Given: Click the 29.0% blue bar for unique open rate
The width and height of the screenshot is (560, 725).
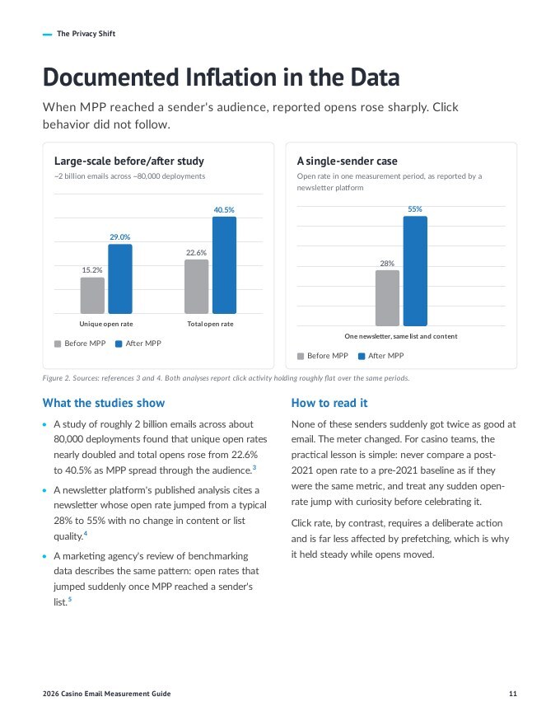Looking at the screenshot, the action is coord(120,278).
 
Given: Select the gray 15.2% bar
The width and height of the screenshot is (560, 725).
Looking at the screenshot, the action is coord(92,296).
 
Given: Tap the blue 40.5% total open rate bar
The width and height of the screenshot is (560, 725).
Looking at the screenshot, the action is coord(224,265).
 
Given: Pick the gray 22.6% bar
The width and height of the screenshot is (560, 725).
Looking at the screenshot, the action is coord(196,287).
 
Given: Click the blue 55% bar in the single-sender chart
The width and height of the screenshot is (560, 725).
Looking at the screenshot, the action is coord(415,271).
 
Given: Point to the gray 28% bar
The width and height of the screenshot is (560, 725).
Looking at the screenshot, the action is coord(387,298).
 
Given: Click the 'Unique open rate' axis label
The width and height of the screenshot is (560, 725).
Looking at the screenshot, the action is coord(105,324).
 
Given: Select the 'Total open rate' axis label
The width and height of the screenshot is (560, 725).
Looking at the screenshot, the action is coord(210,324).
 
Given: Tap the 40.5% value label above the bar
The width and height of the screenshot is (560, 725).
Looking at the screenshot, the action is coord(224,210).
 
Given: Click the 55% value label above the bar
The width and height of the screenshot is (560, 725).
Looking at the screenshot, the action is coord(415,209).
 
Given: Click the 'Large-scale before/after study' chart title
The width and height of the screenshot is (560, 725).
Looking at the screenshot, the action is coord(129,161).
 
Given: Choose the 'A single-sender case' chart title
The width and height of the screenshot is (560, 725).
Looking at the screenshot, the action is coord(347,161).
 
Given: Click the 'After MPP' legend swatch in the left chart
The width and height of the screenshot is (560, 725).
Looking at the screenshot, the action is coord(119,344).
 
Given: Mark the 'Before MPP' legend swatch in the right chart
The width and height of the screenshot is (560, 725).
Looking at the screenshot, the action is coord(301,357).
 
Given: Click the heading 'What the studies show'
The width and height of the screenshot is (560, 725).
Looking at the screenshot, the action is coord(104,403).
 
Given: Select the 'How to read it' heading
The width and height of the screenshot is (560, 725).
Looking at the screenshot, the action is coord(329,403).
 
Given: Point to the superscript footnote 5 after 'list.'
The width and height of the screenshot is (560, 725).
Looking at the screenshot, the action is coord(70,599).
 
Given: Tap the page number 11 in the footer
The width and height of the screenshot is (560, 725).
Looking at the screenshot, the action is coord(513,694).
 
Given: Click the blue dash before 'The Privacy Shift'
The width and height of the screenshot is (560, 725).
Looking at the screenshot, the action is coord(47,35).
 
